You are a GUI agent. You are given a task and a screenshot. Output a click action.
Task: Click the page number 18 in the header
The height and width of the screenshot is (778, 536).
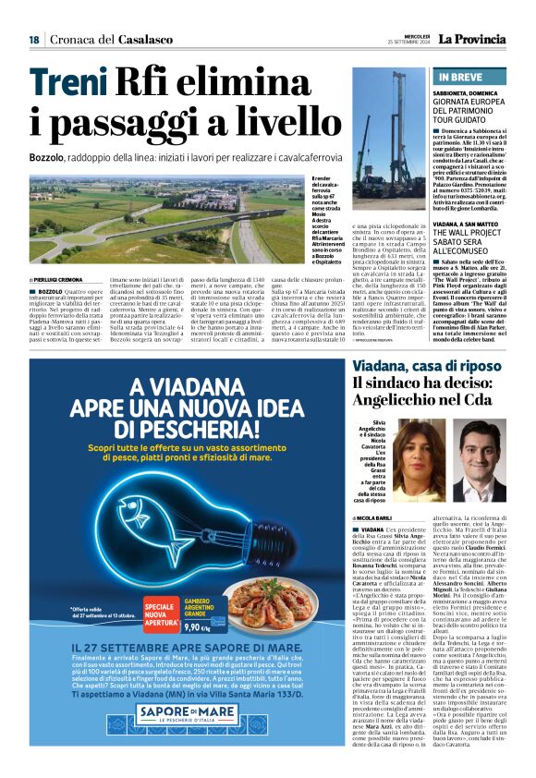33,40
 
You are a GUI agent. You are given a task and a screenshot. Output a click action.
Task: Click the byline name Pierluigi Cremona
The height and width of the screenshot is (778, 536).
61,278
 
